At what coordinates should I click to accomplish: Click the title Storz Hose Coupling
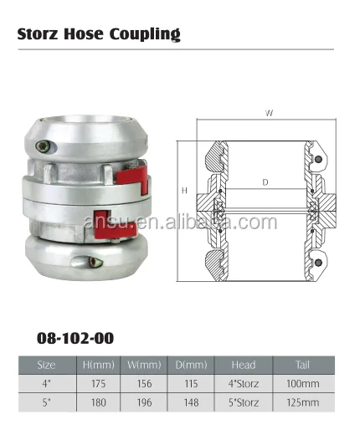(x=99, y=34)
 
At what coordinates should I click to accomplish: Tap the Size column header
(x=47, y=366)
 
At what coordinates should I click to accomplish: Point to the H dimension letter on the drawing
(x=184, y=191)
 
